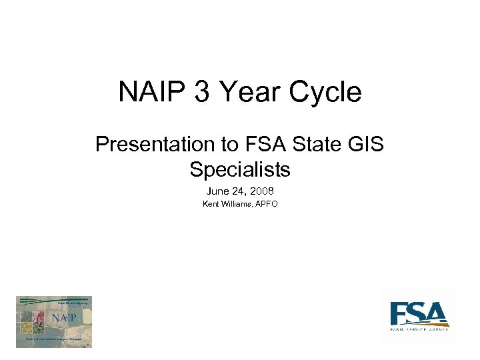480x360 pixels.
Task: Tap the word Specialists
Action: (240, 169)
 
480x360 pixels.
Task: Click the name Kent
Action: (211, 204)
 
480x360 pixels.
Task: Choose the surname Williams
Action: (237, 204)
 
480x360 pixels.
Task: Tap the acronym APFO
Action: (267, 204)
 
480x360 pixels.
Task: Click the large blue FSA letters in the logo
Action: (418, 313)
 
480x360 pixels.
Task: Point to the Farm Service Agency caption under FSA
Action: (419, 329)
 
